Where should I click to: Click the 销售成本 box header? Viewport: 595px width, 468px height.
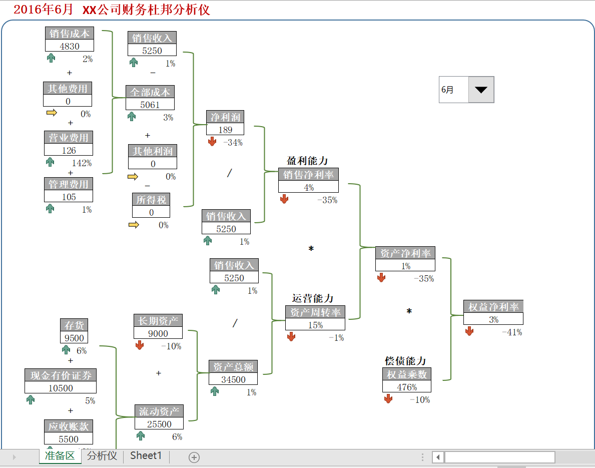point(70,34)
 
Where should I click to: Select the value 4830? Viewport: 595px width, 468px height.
point(70,46)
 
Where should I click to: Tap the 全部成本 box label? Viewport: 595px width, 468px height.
point(150,92)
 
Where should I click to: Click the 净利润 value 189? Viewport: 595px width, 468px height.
point(225,130)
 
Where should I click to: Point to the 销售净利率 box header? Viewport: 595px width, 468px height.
point(308,175)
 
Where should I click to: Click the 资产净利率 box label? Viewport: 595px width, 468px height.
point(405,253)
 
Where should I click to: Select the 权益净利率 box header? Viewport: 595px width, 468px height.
point(493,307)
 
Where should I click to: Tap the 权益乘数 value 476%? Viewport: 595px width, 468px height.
point(407,387)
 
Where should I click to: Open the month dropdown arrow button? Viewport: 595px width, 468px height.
point(481,90)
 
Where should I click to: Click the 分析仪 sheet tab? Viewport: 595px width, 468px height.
point(102,456)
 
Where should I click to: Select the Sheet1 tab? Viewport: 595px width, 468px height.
point(146,456)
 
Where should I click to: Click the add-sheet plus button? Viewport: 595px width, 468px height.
point(194,457)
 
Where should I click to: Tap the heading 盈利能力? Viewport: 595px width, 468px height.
point(307,161)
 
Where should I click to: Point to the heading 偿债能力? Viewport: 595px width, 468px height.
point(405,361)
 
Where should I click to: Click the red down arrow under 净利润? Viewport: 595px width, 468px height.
point(212,142)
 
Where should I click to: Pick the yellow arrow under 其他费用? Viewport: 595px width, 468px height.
point(52,113)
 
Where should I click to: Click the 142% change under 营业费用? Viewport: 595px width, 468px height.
point(82,163)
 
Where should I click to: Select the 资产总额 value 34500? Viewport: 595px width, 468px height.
point(233,379)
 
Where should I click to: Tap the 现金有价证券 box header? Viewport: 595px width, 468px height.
point(61,375)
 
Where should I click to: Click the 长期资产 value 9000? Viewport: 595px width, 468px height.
point(158,333)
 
